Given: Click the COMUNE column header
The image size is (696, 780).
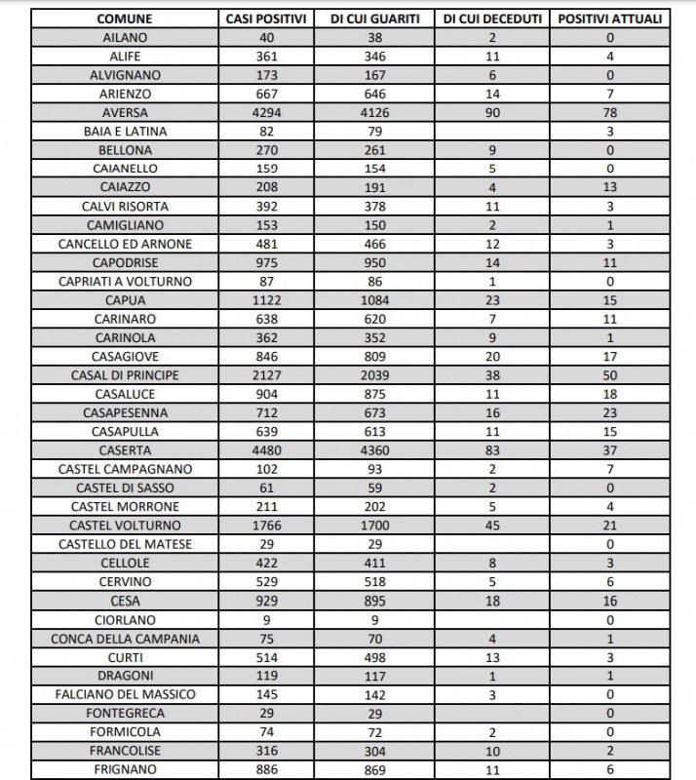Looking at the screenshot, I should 126,19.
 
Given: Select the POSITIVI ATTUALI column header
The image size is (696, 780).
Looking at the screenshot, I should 609,19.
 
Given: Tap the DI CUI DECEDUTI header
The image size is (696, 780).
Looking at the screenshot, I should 492,19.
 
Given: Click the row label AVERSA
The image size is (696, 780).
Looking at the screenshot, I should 126,112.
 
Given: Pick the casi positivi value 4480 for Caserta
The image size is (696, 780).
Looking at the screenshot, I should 266,449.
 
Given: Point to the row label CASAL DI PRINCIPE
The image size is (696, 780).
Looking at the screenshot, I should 126,375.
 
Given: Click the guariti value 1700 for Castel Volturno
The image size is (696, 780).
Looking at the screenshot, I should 374,526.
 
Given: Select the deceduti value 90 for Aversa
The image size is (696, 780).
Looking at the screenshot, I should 492,112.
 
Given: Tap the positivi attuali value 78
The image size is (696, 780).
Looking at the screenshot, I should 609,112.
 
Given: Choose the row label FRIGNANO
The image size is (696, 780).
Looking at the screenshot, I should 126,769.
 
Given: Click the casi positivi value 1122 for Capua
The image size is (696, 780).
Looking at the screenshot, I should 266,300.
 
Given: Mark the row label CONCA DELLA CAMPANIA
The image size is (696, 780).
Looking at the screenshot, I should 126,639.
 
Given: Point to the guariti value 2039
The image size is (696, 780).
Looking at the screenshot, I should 374,375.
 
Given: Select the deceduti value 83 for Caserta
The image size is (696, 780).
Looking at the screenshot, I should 492,449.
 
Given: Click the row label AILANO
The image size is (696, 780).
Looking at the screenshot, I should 126,37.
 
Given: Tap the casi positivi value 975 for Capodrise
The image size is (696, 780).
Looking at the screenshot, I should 266,262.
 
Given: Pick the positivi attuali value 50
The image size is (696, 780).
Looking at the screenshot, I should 609,375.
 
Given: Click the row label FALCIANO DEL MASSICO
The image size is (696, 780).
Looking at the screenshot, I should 126,694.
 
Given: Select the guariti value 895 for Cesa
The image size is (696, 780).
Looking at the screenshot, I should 374,601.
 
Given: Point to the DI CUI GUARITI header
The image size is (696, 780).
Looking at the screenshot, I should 374,19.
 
